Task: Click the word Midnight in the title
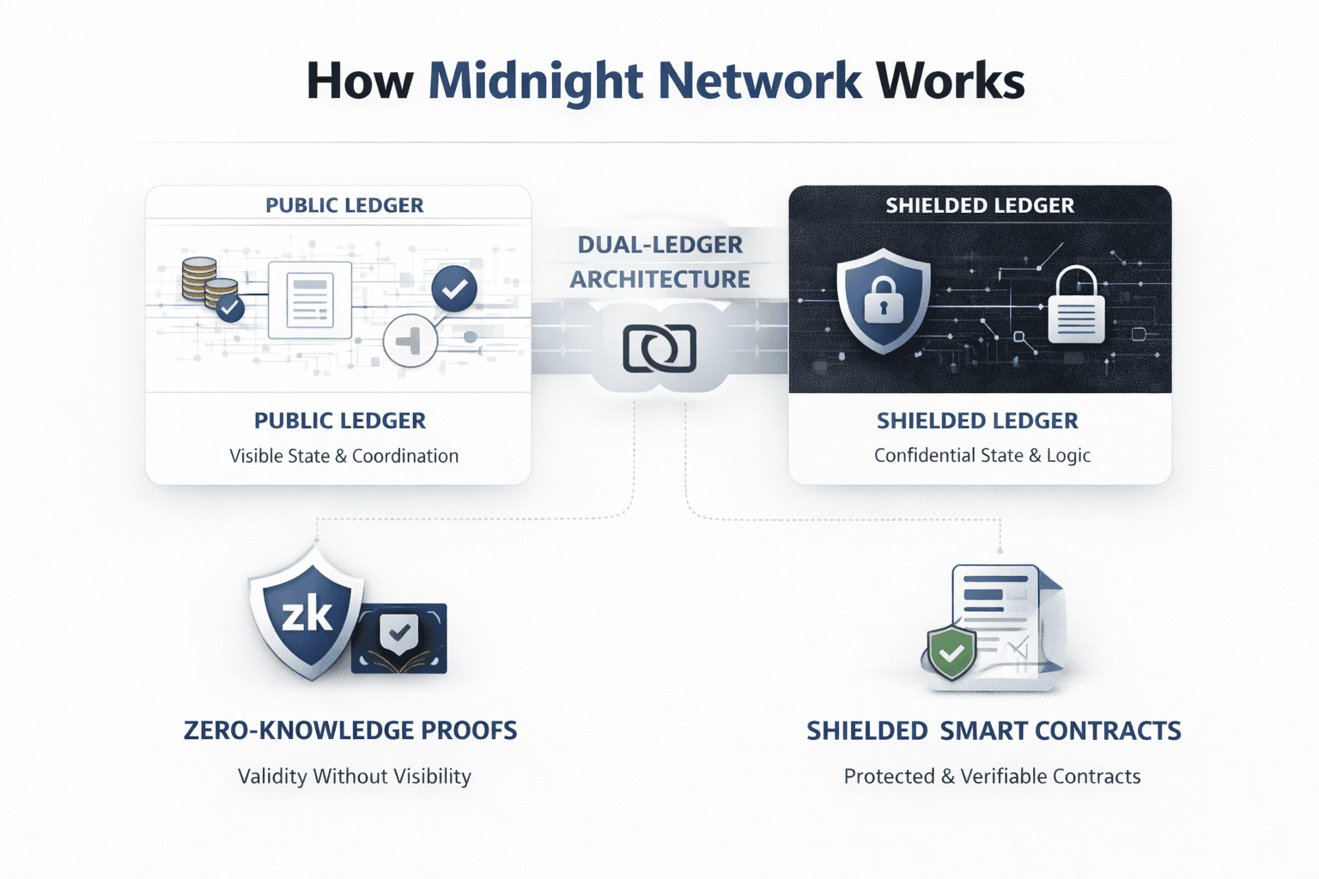[536, 82]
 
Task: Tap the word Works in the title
[951, 82]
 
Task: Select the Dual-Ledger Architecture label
[659, 262]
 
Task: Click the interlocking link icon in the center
[659, 349]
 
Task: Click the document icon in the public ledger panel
[310, 300]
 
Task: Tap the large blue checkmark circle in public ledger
[454, 288]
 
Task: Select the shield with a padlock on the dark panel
[884, 301]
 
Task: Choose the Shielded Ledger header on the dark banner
[980, 206]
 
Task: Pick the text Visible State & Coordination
[343, 456]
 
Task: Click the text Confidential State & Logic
[982, 456]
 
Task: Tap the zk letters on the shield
[307, 615]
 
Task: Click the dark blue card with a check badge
[400, 638]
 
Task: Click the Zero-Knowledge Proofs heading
[350, 730]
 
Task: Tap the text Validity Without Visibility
[354, 777]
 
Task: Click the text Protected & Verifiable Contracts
[992, 777]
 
